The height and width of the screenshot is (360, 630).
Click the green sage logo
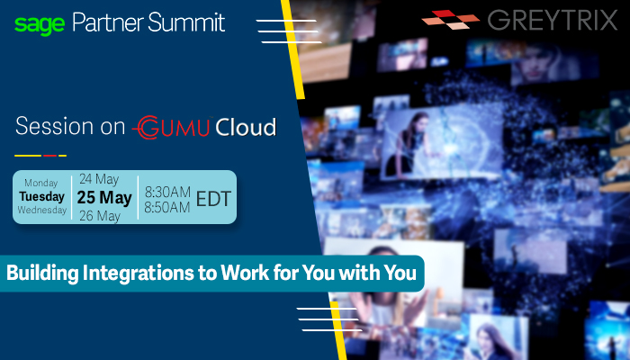click(x=40, y=25)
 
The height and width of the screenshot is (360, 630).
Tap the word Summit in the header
click(x=186, y=22)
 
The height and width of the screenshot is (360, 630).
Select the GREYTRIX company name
click(x=553, y=21)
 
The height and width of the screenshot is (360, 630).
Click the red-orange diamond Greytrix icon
click(x=451, y=19)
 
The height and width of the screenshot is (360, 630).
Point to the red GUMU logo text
click(x=172, y=128)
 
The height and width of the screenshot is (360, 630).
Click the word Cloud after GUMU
click(x=246, y=128)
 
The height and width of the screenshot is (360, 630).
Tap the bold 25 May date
click(x=104, y=197)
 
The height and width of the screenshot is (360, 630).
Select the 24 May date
click(x=99, y=179)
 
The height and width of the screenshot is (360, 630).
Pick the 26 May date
click(x=100, y=216)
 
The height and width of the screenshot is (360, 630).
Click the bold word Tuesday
click(x=41, y=196)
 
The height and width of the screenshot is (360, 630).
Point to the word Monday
click(x=41, y=183)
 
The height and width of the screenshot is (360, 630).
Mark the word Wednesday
click(x=41, y=210)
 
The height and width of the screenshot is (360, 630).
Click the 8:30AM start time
click(x=167, y=192)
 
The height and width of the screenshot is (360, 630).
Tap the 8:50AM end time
click(x=167, y=207)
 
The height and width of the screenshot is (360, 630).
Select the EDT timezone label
click(x=213, y=199)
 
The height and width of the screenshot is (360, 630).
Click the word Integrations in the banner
click(x=139, y=274)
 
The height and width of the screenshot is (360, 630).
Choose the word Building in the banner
click(x=42, y=274)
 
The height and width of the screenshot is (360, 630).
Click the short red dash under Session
click(x=49, y=156)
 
